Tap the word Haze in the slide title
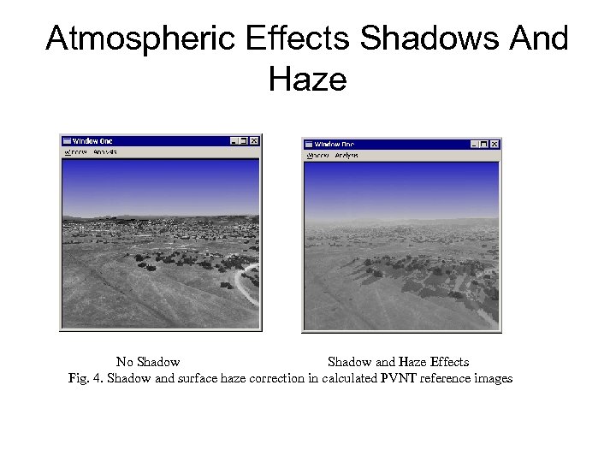307,80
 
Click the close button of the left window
254,141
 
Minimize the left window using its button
234,141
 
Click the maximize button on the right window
484,145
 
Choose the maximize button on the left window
243,141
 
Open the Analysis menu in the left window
104,152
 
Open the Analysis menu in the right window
346,156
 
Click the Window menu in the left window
76,152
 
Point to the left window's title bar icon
67,141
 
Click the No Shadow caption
148,362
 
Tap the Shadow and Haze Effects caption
398,362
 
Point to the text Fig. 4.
85,378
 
